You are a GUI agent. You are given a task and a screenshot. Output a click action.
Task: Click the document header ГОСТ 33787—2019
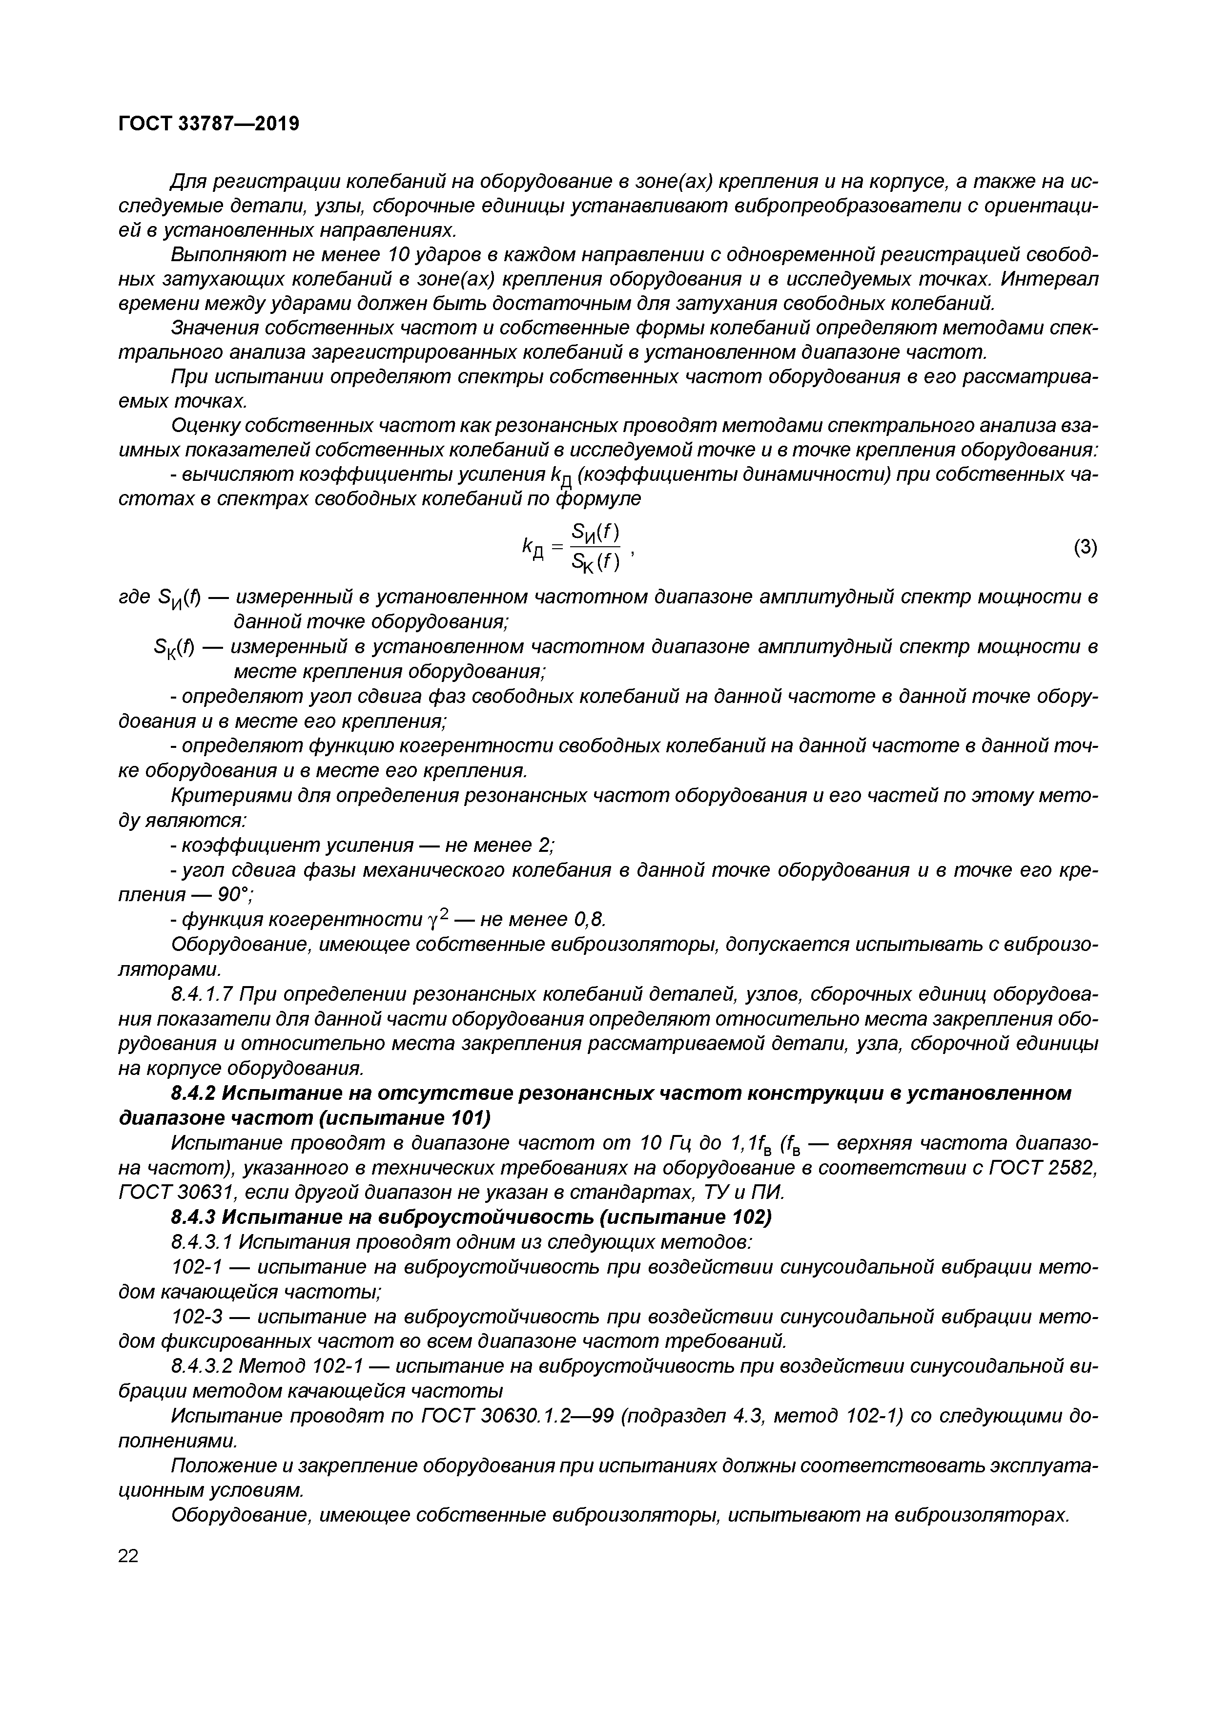pos(209,124)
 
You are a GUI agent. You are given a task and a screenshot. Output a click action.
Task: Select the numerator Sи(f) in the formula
pos(595,532)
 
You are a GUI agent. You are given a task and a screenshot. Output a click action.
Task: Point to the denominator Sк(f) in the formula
pos(595,564)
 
